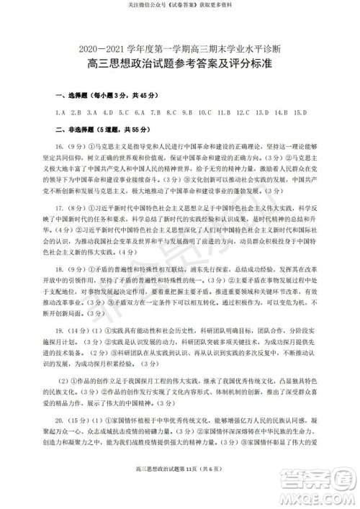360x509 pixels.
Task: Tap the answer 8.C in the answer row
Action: tap(172, 113)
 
